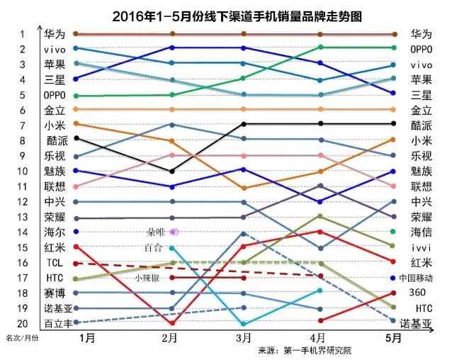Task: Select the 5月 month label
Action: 395,338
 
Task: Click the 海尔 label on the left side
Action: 55,232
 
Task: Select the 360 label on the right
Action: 418,293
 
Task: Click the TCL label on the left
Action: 55,263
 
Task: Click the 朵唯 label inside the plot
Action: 154,232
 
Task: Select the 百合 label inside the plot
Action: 152,247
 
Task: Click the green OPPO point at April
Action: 320,47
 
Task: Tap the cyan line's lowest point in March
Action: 244,323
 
